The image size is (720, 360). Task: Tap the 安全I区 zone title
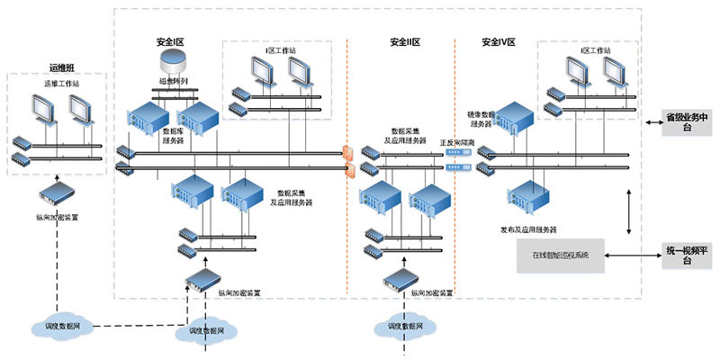pyautogui.click(x=170, y=42)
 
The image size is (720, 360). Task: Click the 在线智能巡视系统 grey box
pyautogui.click(x=560, y=256)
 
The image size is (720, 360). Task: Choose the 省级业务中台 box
pyautogui.click(x=688, y=121)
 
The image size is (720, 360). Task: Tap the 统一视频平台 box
pyautogui.click(x=688, y=256)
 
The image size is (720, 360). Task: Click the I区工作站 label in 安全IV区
pyautogui.click(x=595, y=52)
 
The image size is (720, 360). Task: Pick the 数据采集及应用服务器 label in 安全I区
pyautogui.click(x=294, y=198)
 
